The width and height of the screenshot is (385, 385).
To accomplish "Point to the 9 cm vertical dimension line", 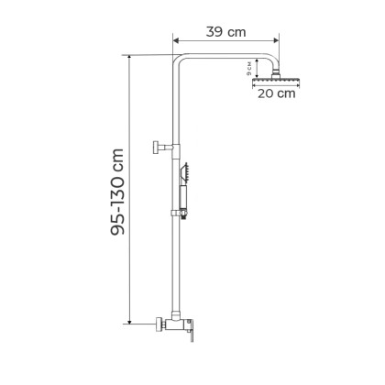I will (258, 67).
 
